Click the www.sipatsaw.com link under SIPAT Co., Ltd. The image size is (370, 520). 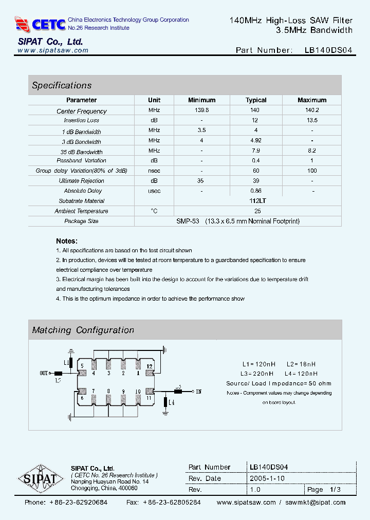tap(53, 50)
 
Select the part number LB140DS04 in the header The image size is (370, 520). tap(328, 50)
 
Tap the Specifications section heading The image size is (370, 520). tap(62, 85)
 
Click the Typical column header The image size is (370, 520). tap(256, 100)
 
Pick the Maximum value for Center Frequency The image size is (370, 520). tap(311, 110)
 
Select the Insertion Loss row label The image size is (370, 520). tap(82, 121)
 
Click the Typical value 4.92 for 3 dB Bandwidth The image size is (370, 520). tap(256, 141)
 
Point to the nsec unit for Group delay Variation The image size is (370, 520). tap(154, 171)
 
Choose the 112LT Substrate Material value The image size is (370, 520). tap(257, 201)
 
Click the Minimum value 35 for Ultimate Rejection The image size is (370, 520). tap(200, 181)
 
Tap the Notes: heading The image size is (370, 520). tap(67, 241)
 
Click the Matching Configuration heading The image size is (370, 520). tap(83, 330)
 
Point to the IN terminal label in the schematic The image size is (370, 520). tap(198, 392)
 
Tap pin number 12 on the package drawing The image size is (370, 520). tap(150, 366)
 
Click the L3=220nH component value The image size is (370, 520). tap(257, 374)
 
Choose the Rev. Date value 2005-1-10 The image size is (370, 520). tap(267, 478)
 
